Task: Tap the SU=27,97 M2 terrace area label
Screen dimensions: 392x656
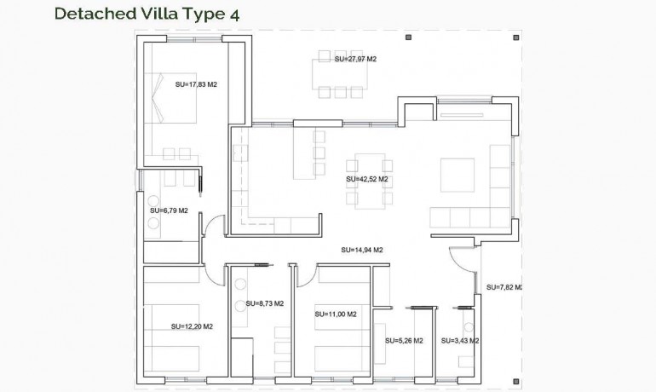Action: click(x=355, y=59)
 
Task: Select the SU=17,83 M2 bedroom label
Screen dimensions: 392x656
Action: click(x=196, y=84)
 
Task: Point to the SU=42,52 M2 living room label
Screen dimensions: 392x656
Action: click(x=367, y=180)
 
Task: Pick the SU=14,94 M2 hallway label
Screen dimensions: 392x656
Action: click(x=361, y=250)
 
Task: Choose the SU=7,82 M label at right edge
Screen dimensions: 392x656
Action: click(x=503, y=287)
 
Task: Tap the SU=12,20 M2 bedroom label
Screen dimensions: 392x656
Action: click(x=192, y=326)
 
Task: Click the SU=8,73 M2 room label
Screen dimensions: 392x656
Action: click(x=264, y=303)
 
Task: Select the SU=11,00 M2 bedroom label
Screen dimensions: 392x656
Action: click(x=335, y=314)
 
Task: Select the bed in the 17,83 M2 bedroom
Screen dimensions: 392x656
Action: click(x=164, y=109)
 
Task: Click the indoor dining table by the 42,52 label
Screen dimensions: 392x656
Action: click(x=365, y=181)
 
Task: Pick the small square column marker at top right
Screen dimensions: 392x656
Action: click(x=509, y=37)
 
